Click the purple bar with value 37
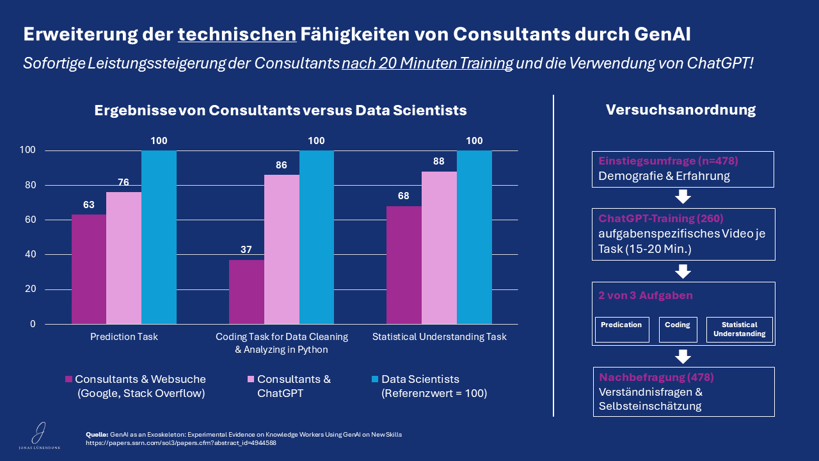click(246, 292)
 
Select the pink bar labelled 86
click(282, 250)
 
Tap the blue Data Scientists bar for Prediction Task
click(159, 237)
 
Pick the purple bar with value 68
click(404, 265)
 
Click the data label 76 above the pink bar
click(123, 182)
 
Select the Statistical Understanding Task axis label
click(439, 337)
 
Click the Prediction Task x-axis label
click(124, 337)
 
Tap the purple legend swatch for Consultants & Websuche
click(68, 379)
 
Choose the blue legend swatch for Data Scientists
click(375, 379)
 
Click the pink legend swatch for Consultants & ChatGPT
click(251, 379)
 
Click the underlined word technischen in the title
click(237, 35)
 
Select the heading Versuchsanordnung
click(680, 109)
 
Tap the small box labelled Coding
click(678, 329)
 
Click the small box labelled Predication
click(622, 329)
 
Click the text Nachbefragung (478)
click(656, 377)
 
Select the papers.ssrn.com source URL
click(181, 442)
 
